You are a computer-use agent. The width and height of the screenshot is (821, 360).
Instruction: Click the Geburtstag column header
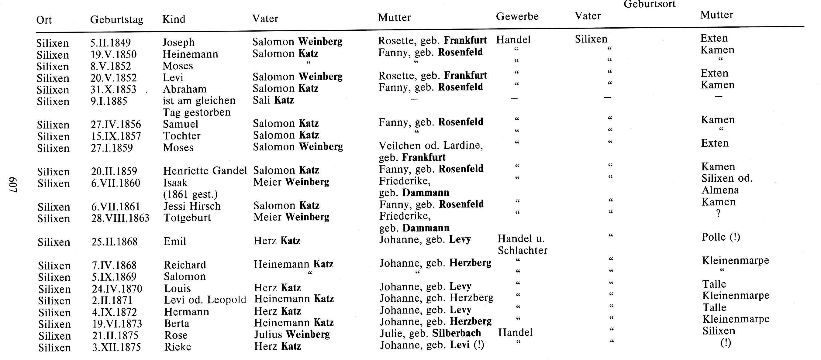[x=116, y=20]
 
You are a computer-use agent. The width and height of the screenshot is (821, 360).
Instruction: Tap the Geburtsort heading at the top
[x=649, y=4]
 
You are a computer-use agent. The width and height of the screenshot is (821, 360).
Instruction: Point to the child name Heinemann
[x=190, y=54]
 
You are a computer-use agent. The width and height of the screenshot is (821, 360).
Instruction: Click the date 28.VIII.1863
[x=120, y=218]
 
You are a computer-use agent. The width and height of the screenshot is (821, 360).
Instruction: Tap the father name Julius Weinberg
[x=291, y=334]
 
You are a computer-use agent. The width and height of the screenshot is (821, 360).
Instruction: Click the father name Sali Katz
[x=273, y=100]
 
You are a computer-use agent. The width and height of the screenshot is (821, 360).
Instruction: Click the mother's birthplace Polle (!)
[x=721, y=237]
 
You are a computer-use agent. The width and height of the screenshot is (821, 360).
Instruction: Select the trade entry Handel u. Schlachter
[x=522, y=244]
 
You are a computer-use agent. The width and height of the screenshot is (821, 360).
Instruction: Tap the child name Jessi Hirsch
[x=192, y=206]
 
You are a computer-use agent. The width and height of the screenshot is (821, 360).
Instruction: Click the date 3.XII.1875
[x=116, y=347]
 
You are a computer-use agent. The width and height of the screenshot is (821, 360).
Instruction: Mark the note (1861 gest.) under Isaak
[x=190, y=194]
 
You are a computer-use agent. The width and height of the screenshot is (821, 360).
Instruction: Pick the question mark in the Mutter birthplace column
[x=718, y=214]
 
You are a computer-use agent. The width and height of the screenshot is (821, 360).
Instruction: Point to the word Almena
[x=720, y=190]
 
